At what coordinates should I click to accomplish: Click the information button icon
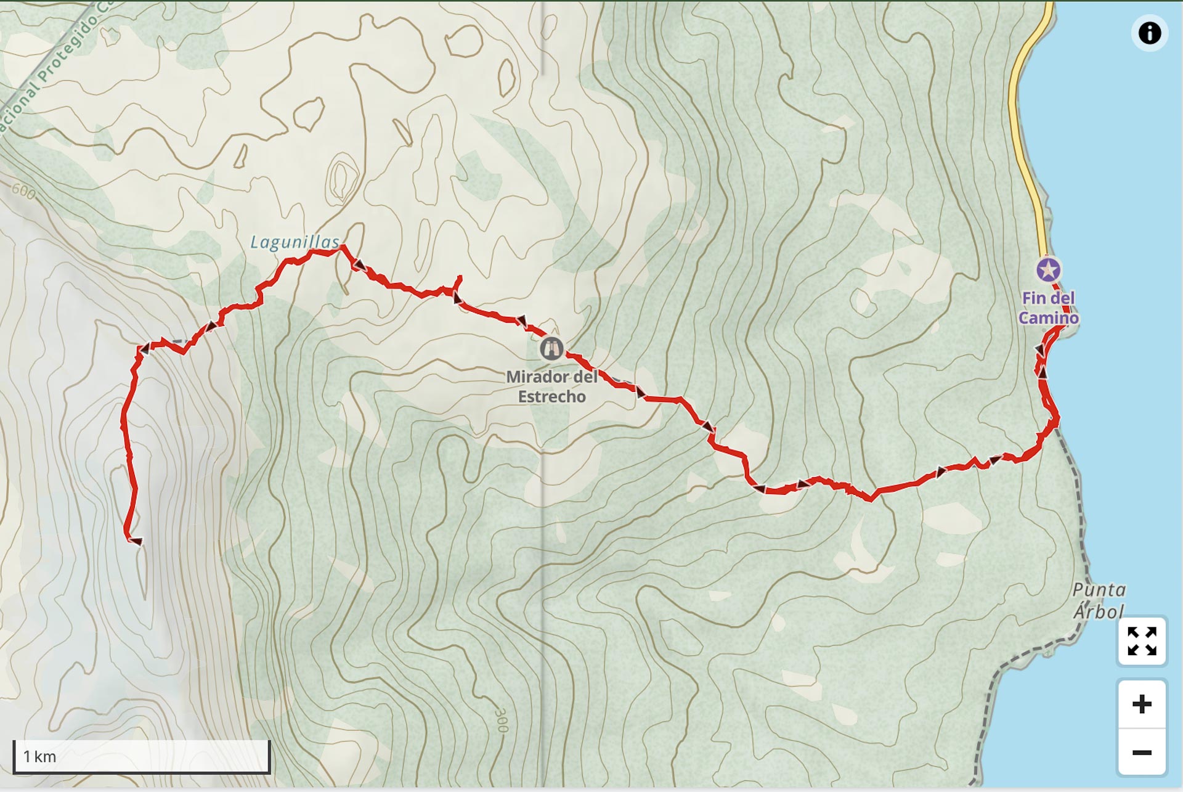1149,33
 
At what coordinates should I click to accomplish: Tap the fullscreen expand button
1142,641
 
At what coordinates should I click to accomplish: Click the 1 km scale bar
141,756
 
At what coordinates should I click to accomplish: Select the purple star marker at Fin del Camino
1048,270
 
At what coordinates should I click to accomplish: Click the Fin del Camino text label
1048,308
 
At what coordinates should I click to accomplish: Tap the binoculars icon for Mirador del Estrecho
551,349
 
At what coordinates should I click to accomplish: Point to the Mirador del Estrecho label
551,386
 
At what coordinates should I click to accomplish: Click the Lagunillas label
295,242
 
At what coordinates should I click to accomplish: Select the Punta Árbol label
1099,600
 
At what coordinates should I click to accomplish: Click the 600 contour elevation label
23,192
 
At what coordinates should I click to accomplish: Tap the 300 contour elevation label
502,719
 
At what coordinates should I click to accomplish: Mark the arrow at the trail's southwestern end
136,541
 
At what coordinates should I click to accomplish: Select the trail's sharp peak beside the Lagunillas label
343,247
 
